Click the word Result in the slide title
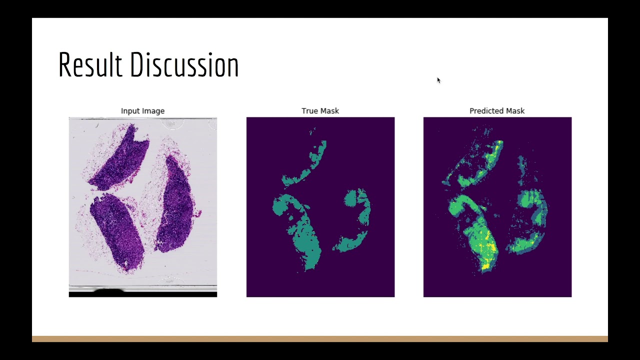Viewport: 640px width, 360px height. [x=90, y=64]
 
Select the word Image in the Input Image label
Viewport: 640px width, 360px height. [x=154, y=111]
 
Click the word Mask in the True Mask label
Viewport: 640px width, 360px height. [x=330, y=111]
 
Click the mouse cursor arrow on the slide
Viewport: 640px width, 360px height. [x=438, y=80]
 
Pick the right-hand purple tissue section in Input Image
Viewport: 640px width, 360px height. [x=175, y=205]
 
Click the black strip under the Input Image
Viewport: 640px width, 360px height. [x=142, y=294]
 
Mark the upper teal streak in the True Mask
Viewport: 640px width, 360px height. [x=310, y=165]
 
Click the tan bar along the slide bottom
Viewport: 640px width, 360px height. [x=320, y=339]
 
